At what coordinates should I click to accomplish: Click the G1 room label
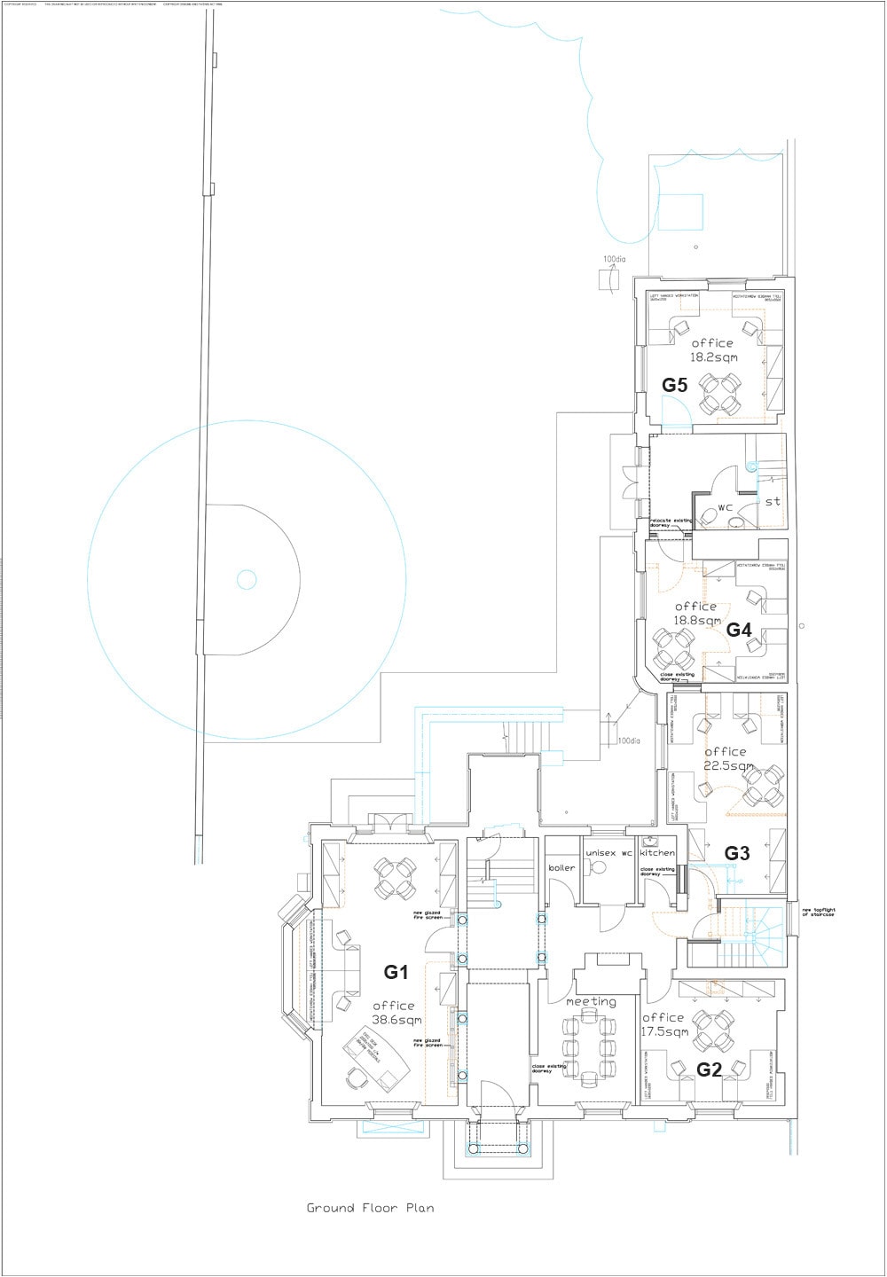(x=396, y=972)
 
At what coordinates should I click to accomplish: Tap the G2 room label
(x=709, y=1069)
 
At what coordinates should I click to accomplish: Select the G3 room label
(x=737, y=853)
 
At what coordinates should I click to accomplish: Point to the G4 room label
(x=739, y=630)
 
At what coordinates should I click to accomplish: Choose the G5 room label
(x=675, y=385)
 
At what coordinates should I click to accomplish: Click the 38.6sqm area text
(x=394, y=1021)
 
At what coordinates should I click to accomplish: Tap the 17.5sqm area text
(x=664, y=1032)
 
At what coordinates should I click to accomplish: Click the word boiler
(x=561, y=867)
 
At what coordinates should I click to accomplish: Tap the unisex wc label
(x=608, y=852)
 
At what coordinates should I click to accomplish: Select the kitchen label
(x=657, y=852)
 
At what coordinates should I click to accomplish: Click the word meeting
(x=591, y=1001)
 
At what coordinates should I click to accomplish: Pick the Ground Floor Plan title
(x=370, y=1208)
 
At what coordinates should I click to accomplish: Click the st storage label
(x=773, y=501)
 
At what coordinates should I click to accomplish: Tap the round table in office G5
(x=719, y=395)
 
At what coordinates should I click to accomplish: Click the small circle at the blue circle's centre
(x=246, y=580)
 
